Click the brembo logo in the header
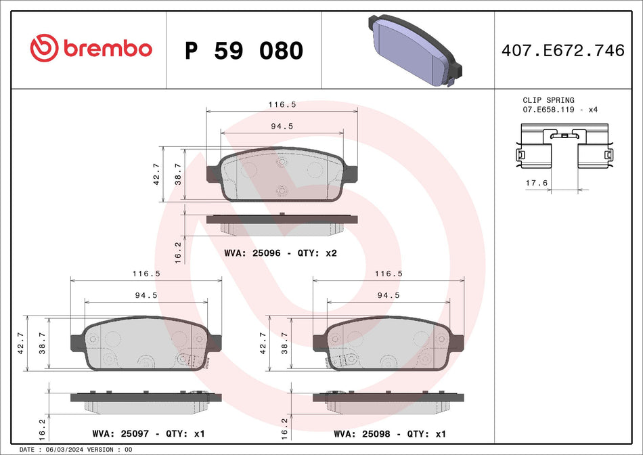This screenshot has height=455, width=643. [x=91, y=48]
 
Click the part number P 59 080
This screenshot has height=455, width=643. [x=244, y=50]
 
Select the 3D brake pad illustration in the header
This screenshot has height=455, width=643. [x=414, y=49]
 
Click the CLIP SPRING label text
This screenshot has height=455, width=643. [x=548, y=100]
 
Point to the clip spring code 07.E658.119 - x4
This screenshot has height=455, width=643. [x=560, y=109]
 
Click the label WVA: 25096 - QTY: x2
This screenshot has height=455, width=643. [x=280, y=253]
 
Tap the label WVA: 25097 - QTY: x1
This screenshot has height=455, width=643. [x=148, y=433]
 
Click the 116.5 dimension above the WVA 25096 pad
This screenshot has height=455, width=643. [x=282, y=105]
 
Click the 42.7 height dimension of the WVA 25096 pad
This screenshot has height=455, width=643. [x=156, y=175]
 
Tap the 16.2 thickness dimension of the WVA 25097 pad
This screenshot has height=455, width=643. [x=41, y=427]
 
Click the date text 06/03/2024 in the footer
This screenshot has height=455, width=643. [x=63, y=450]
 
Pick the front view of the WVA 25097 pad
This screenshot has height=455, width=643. [x=146, y=345]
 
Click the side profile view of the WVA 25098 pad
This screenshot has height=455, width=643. [x=388, y=400]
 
